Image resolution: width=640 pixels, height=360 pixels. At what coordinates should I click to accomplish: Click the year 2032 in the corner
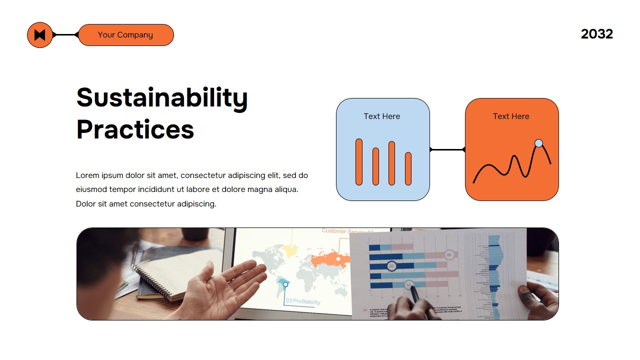tap(596, 34)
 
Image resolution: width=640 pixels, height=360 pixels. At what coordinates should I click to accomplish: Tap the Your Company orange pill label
tap(125, 35)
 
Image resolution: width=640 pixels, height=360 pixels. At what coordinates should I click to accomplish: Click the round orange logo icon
tap(40, 35)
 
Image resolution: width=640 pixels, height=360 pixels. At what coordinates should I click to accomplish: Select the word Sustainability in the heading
tap(161, 97)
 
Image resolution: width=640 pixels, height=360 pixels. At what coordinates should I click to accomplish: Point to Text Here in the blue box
tap(381, 116)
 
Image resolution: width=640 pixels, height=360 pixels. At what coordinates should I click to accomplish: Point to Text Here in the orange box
tap(510, 116)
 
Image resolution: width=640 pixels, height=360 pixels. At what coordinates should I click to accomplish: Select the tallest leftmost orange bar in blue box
tap(358, 162)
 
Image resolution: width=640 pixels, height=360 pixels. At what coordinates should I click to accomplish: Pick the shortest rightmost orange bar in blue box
tap(408, 168)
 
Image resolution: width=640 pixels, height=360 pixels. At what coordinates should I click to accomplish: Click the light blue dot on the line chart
tap(538, 143)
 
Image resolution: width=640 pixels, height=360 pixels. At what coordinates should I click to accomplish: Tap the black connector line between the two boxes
tap(447, 149)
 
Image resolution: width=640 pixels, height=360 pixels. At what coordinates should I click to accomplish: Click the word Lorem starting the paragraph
tap(87, 175)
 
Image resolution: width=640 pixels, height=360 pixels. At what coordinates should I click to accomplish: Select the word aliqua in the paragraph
tap(285, 189)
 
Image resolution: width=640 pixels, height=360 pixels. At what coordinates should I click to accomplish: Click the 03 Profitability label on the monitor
tap(303, 301)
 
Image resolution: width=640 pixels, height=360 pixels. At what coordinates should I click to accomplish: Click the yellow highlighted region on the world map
tap(290, 250)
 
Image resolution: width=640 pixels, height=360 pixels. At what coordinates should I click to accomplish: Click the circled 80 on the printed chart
tap(449, 254)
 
